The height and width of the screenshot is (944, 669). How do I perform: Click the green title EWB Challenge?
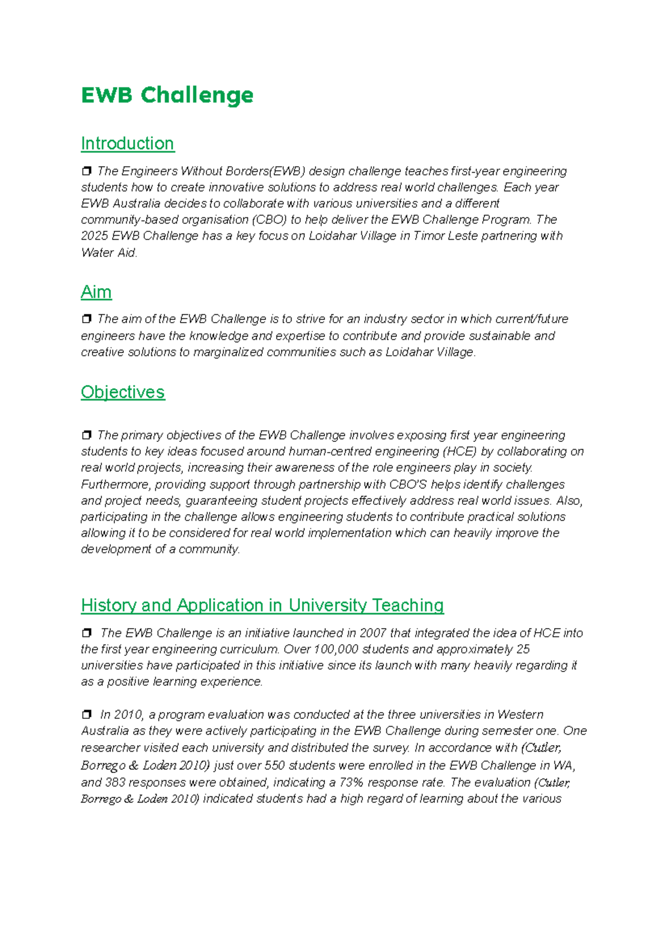tap(167, 95)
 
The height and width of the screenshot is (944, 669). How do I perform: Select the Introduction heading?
tap(127, 144)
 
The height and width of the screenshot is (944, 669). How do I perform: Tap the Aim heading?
tap(96, 292)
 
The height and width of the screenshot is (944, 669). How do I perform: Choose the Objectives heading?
tap(123, 392)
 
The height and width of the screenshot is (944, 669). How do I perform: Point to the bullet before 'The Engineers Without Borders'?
tap(86, 171)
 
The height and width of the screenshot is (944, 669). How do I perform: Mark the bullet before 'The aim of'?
tap(86, 319)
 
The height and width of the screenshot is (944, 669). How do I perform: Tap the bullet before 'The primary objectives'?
tap(86, 435)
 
